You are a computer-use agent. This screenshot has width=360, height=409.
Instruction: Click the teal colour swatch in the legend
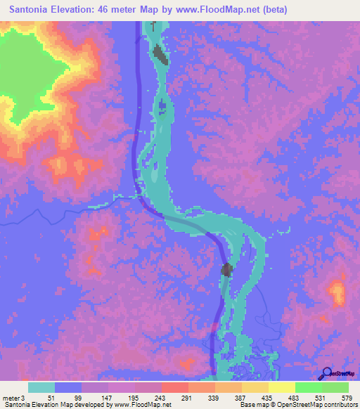pos(41,387)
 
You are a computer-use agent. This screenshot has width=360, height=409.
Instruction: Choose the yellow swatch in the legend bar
pos(282,387)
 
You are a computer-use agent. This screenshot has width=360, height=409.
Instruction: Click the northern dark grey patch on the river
pos(160,54)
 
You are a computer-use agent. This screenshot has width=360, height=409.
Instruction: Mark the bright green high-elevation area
pos(32,70)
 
